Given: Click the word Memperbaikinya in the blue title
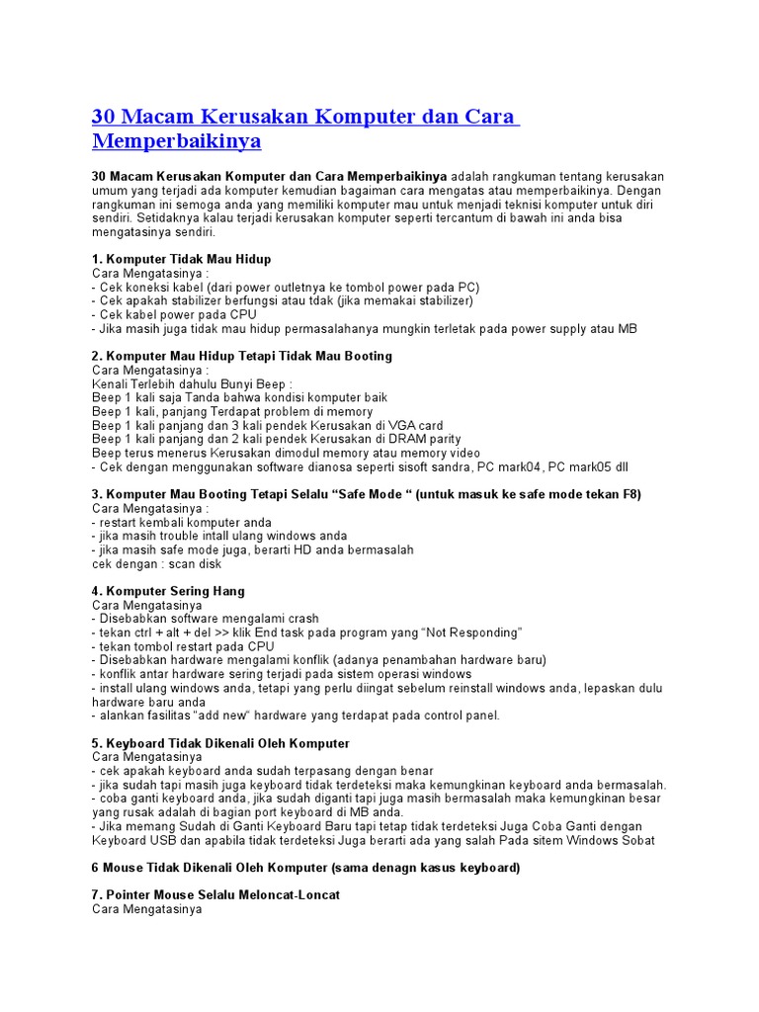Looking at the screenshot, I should coord(177,141).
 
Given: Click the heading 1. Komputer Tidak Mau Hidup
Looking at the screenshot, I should coord(181,259).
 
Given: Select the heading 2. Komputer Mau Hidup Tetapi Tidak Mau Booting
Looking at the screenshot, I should coord(242,356).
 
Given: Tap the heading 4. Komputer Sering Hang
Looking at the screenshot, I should coord(168,591).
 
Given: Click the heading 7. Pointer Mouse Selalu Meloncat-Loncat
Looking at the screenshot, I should coord(215,894).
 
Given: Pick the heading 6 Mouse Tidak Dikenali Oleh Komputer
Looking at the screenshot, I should coord(306,868).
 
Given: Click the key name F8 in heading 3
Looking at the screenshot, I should coord(632,494).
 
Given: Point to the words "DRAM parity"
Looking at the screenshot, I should coord(422,439).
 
